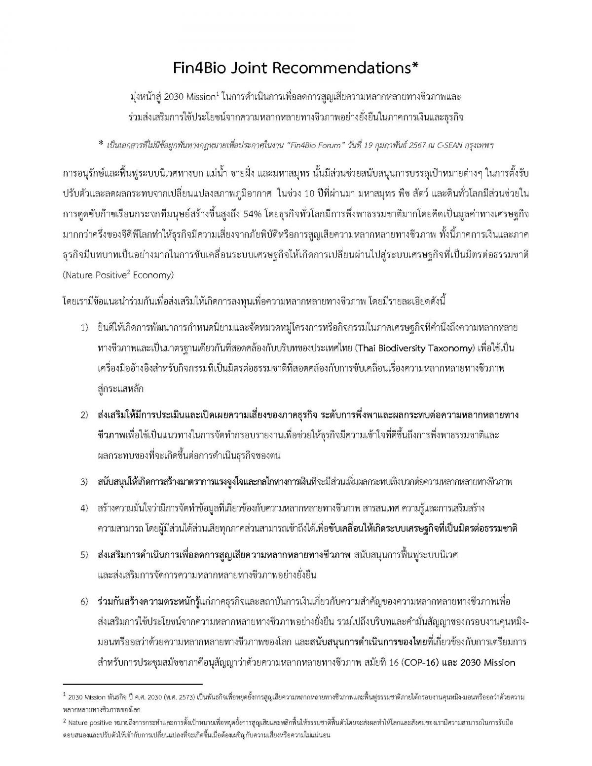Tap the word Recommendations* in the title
(x=363, y=69)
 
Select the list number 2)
(x=84, y=415)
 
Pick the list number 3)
(x=84, y=482)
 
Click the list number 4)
(x=84, y=508)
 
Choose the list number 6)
(x=84, y=602)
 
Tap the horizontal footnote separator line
(x=133, y=684)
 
